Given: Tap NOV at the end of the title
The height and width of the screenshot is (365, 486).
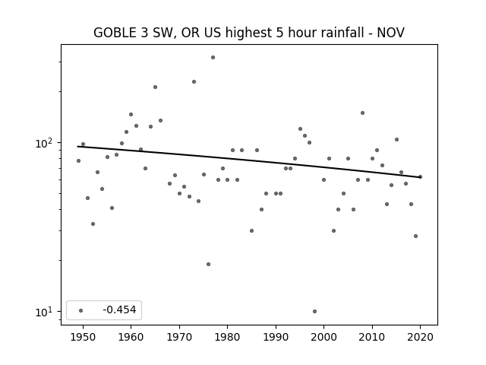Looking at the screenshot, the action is [x=390, y=33].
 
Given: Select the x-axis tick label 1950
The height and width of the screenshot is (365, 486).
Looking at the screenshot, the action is [x=83, y=337].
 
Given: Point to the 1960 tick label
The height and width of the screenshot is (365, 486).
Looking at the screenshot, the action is [x=131, y=337].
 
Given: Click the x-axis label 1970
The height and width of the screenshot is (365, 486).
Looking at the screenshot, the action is [x=179, y=337].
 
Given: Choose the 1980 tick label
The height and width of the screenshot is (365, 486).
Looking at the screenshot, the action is [x=227, y=337].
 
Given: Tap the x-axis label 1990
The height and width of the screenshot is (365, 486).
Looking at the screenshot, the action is [x=276, y=337].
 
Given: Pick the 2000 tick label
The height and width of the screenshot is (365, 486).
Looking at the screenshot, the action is [x=323, y=337].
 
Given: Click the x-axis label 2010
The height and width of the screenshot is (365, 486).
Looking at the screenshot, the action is [x=372, y=337].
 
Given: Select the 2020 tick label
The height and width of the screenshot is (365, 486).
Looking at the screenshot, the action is [x=420, y=337].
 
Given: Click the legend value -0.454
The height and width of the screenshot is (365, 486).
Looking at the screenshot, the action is [x=119, y=309].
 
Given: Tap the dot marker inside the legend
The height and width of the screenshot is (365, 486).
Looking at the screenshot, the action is [x=81, y=310].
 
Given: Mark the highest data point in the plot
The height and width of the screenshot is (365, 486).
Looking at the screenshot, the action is [x=213, y=58].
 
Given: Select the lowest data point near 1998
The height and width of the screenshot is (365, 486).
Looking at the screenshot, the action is [x=314, y=311].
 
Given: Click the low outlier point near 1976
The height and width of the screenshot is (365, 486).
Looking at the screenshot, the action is [x=208, y=264].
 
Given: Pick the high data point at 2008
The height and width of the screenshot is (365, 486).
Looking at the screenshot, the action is [x=363, y=113].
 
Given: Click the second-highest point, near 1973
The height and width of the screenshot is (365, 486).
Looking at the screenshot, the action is [x=194, y=81].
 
